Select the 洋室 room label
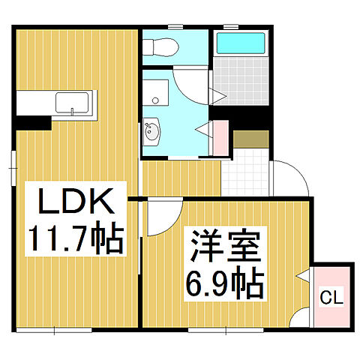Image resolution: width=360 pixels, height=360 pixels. coord(223,248)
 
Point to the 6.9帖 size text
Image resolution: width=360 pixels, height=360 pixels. coord(223,284)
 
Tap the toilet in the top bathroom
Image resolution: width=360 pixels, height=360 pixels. coord(160,47)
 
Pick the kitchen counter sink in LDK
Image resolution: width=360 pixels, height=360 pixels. coord(73,103)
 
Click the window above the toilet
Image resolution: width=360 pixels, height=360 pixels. coord(175,28)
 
